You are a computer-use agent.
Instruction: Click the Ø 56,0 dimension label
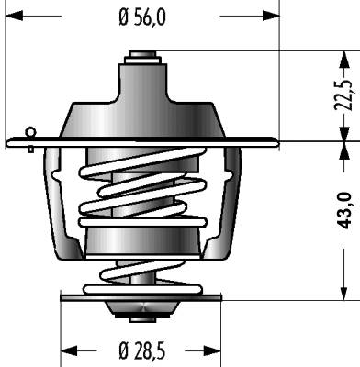[142, 17]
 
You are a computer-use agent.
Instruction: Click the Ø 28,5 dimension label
[142, 350]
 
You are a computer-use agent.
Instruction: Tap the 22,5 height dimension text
[343, 95]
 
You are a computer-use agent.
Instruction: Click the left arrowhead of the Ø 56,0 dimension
[14, 16]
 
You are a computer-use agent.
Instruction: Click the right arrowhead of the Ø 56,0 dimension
[271, 16]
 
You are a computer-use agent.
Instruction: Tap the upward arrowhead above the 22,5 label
[344, 60]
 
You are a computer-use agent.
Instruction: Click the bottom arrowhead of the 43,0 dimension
[344, 292]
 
